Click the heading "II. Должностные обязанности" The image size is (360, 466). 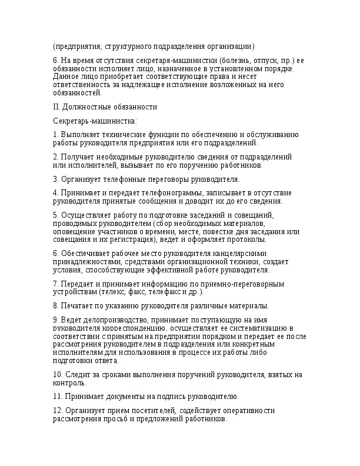pyautogui.click(x=105, y=106)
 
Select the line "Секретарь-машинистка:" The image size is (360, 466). pyautogui.click(x=95, y=121)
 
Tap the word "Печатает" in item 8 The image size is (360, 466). pyautogui.click(x=76, y=305)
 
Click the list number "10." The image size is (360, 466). pyautogui.click(x=58, y=375)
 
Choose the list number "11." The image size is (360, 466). pyautogui.click(x=58, y=397)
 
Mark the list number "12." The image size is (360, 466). pyautogui.click(x=58, y=411)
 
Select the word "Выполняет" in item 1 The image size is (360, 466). pyautogui.click(x=81, y=135)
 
